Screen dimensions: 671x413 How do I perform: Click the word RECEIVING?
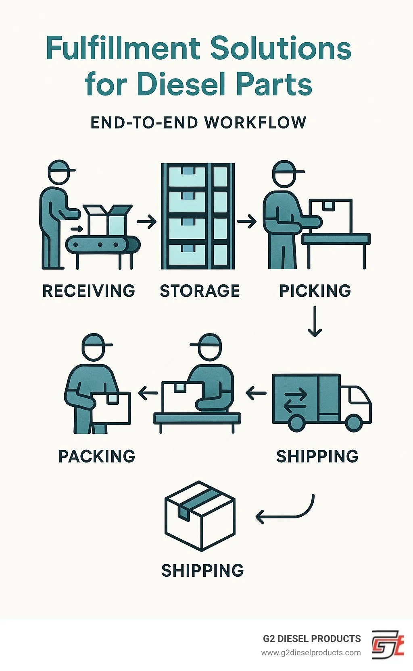pyautogui.click(x=89, y=291)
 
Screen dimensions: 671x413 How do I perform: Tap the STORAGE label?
pyautogui.click(x=200, y=291)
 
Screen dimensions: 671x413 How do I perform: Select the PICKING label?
pyautogui.click(x=315, y=291)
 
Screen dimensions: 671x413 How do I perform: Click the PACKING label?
pyautogui.click(x=97, y=456)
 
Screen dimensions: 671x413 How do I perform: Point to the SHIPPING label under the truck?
pyautogui.click(x=317, y=456)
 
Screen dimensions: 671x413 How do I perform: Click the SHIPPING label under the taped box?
pyautogui.click(x=202, y=570)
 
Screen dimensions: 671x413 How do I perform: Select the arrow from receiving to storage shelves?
pyautogui.click(x=146, y=222)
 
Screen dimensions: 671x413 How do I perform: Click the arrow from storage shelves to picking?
pyautogui.click(x=247, y=222)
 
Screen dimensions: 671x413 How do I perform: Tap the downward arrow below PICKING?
pyautogui.click(x=315, y=321)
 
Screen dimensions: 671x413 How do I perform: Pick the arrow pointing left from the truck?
pyautogui.click(x=256, y=393)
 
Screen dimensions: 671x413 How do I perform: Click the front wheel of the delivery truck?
pyautogui.click(x=354, y=422)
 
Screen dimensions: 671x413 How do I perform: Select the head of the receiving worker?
pyautogui.click(x=59, y=172)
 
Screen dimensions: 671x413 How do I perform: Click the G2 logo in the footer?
pyautogui.click(x=387, y=644)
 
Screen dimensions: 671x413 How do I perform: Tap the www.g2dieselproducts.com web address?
pyautogui.click(x=311, y=652)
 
